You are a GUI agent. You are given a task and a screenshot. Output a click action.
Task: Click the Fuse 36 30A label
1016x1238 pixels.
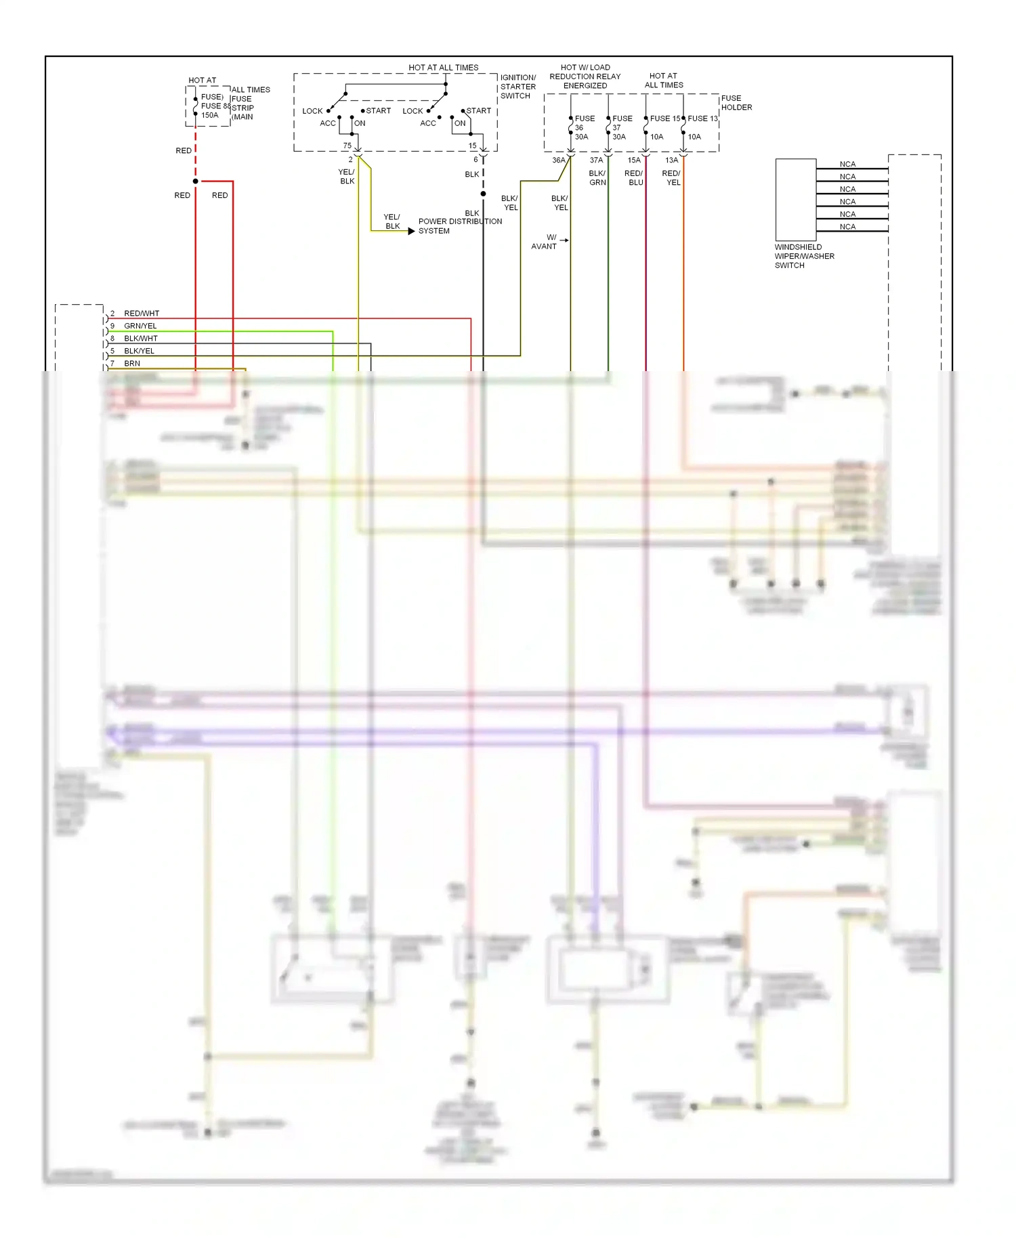pyautogui.click(x=583, y=127)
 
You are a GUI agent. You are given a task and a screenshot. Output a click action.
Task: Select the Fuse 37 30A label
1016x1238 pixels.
pyautogui.click(x=621, y=127)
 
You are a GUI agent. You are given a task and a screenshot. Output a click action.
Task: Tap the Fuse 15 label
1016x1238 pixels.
pyautogui.click(x=664, y=119)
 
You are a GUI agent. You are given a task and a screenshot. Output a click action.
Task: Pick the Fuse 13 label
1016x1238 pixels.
pyautogui.click(x=702, y=119)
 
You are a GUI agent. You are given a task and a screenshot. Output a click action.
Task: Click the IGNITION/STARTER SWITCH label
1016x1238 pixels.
pyautogui.click(x=518, y=87)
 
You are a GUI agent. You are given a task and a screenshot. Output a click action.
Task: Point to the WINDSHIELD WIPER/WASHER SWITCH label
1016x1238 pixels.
pyautogui.click(x=804, y=256)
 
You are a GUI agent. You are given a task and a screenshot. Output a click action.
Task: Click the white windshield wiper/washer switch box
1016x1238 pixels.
pyautogui.click(x=795, y=200)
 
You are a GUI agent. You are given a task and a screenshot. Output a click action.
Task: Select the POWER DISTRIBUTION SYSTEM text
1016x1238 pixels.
pyautogui.click(x=460, y=226)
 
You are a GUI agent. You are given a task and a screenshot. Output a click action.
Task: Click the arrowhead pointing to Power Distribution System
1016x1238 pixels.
pyautogui.click(x=411, y=232)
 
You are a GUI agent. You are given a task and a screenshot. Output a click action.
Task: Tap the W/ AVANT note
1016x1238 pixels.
pyautogui.click(x=545, y=242)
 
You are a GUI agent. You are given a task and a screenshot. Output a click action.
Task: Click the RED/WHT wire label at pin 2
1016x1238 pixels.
pyautogui.click(x=142, y=314)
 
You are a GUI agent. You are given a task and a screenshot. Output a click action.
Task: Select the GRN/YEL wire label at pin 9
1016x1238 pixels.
pyautogui.click(x=140, y=326)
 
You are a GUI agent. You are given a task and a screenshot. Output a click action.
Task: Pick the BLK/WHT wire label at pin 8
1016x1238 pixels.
pyautogui.click(x=141, y=339)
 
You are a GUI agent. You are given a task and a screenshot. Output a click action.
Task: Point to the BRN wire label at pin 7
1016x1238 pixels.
pyautogui.click(x=132, y=364)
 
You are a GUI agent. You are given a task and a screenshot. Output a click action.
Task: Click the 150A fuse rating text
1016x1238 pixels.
pyautogui.click(x=210, y=115)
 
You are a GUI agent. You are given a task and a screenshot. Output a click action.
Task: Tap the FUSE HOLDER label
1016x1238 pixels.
pyautogui.click(x=736, y=103)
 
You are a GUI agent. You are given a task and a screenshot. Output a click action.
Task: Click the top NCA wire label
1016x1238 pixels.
pyautogui.click(x=847, y=164)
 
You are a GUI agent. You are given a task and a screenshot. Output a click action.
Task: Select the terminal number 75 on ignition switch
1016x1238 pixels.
pyautogui.click(x=347, y=146)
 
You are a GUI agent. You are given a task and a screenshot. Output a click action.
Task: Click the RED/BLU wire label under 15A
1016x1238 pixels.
pyautogui.click(x=634, y=178)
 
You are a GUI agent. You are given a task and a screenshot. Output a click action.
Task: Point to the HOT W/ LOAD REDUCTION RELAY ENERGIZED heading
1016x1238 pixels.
pyautogui.click(x=585, y=77)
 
